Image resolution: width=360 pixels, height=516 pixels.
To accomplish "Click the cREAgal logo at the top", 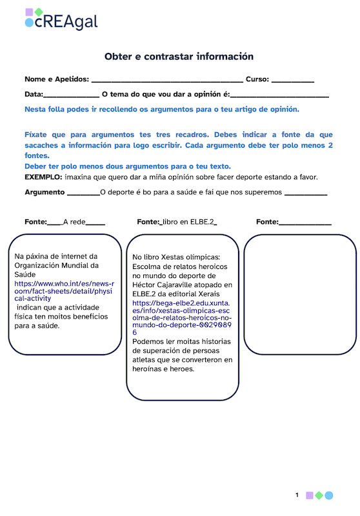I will click(61, 21).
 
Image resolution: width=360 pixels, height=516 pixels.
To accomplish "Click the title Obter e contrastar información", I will click(179, 57).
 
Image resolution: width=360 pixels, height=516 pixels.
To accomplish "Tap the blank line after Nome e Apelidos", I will click(167, 81).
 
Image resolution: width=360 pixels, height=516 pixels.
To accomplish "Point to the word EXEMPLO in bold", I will click(43, 177).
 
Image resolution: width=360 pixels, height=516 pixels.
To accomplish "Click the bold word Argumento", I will click(45, 192).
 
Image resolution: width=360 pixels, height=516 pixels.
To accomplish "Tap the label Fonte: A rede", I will click(65, 222).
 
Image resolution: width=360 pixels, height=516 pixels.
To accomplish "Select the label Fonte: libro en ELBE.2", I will click(177, 222).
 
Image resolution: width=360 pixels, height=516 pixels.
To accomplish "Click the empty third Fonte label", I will click(294, 222).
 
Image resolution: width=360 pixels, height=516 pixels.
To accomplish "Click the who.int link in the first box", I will click(64, 291).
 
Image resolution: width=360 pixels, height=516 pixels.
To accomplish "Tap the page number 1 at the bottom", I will click(297, 495).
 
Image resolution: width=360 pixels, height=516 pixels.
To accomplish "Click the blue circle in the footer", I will click(329, 495).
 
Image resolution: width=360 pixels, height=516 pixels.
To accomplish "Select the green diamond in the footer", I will click(319, 495).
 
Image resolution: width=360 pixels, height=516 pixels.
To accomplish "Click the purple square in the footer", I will click(309, 495).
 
